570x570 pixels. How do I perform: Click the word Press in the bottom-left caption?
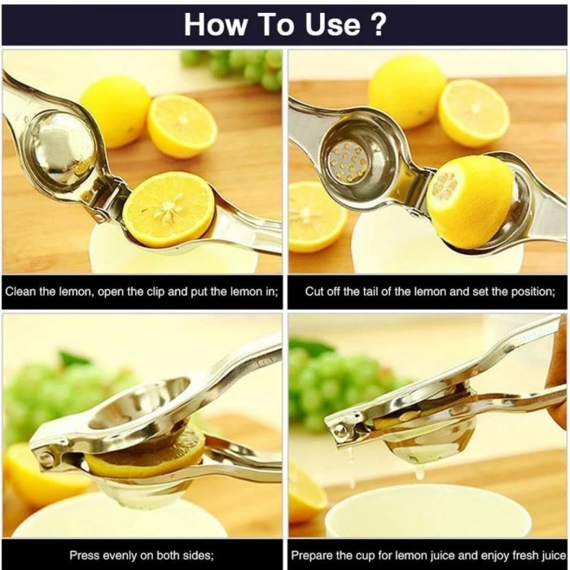[x=85, y=555]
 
